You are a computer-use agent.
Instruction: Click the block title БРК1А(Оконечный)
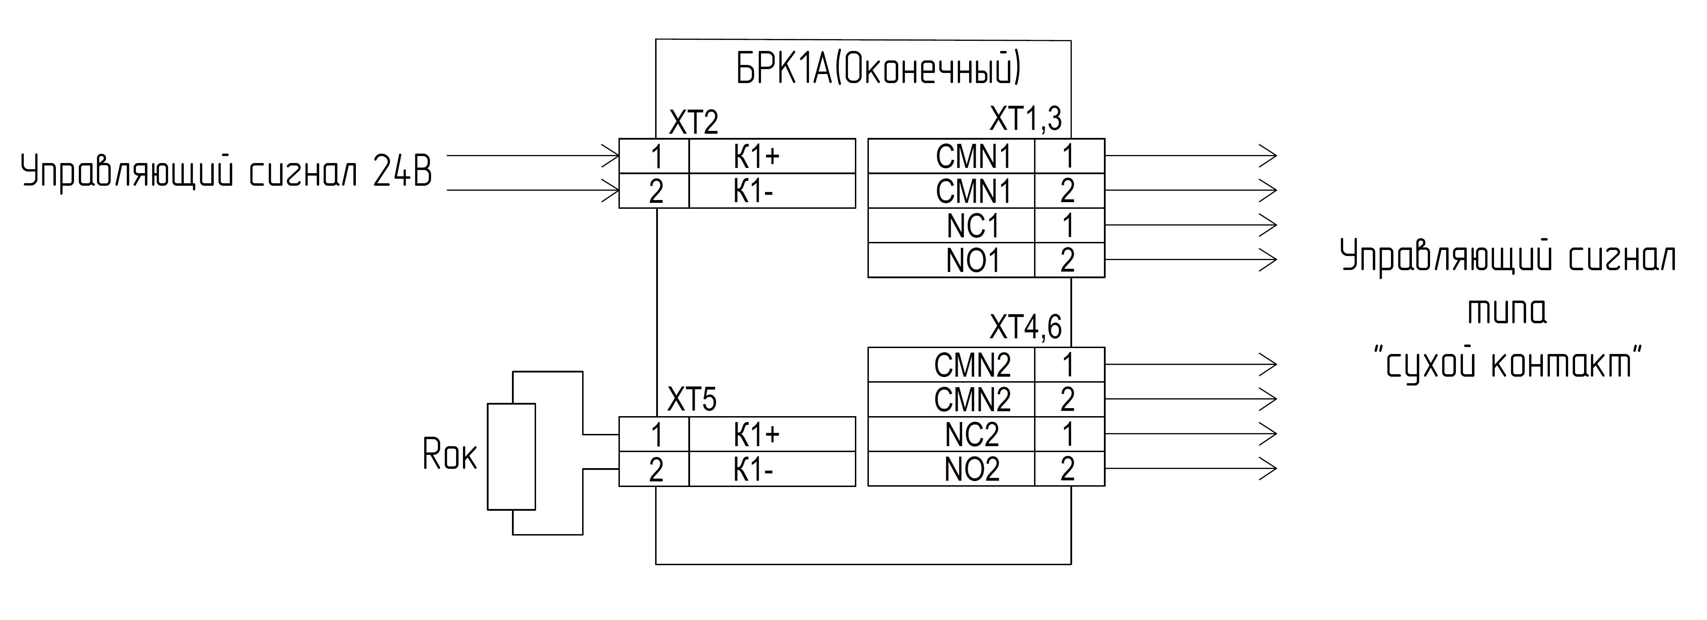pos(879,69)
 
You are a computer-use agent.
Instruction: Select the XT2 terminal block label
pos(693,123)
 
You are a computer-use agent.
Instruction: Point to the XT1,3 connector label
pos(1026,119)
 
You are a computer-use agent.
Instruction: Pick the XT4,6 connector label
pos(1026,327)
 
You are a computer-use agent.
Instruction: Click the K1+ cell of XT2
pos(772,156)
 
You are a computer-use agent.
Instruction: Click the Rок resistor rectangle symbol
pos(512,456)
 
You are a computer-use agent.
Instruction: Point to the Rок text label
pos(449,455)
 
